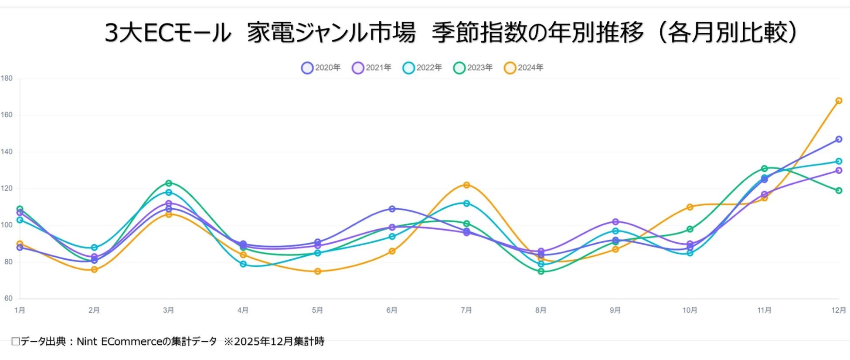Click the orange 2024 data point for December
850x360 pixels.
point(839,101)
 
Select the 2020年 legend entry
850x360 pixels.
point(321,68)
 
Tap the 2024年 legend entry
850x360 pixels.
point(524,68)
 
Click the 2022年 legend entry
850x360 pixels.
point(422,68)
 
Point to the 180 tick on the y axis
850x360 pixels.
point(7,78)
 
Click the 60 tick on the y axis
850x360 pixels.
point(8,299)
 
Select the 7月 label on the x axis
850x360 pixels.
point(466,310)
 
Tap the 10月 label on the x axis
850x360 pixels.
point(690,310)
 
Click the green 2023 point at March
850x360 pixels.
point(169,183)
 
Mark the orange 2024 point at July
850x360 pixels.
point(466,185)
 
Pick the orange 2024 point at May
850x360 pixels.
point(317,272)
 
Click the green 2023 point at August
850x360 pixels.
point(541,272)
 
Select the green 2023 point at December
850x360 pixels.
point(839,190)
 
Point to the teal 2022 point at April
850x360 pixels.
point(243,264)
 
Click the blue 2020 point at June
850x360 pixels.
point(392,209)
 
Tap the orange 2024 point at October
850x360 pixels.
point(690,207)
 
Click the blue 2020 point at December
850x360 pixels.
point(839,139)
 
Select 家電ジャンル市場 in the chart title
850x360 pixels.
point(331,33)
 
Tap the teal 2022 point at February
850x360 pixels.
point(94,248)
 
